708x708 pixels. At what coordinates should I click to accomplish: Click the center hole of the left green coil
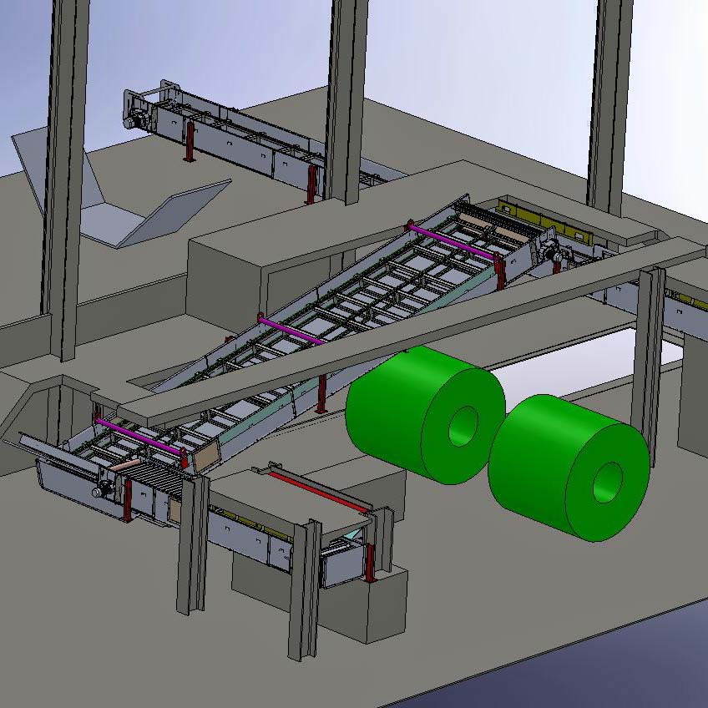point(463,426)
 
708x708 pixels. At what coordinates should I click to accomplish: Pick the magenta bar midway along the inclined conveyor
point(291,330)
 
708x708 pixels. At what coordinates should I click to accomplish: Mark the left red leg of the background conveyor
point(190,142)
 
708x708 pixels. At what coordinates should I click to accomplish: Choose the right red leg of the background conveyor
point(311,185)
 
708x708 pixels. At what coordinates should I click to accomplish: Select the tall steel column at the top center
point(346,100)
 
